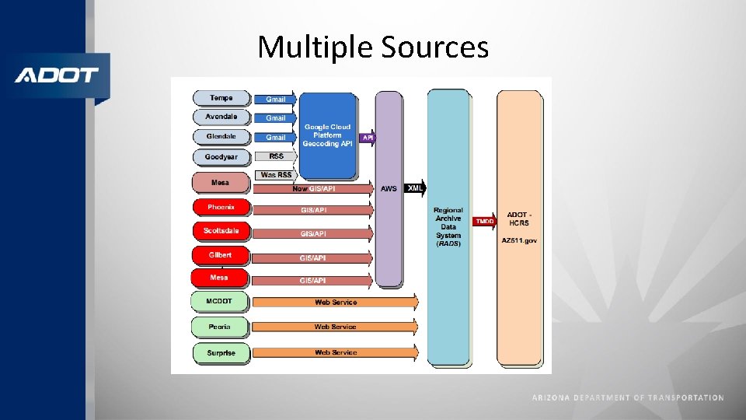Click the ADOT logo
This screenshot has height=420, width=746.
[56, 75]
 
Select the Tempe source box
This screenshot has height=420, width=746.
[221, 98]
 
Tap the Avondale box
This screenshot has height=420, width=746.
[221, 117]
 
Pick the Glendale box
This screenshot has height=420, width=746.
[221, 136]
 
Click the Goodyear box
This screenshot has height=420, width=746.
[221, 157]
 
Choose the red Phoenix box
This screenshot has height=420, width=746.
[221, 208]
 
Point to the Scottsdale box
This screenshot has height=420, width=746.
[221, 231]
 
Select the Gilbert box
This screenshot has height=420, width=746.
[221, 254]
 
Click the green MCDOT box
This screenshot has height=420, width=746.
[220, 301]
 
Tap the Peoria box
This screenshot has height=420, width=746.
[220, 327]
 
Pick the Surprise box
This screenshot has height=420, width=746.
[221, 352]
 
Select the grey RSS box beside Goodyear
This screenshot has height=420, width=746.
[276, 156]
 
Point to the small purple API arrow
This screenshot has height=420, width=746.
[368, 138]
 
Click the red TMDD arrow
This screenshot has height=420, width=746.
[485, 222]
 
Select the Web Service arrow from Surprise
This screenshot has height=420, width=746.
[335, 352]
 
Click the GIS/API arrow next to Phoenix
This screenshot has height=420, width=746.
[312, 210]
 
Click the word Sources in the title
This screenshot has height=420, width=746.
[435, 48]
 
